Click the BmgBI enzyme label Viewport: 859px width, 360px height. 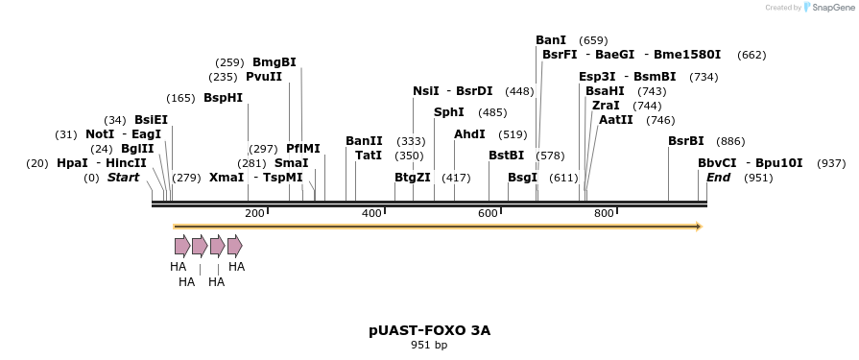click(274, 62)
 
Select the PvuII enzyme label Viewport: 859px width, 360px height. click(264, 77)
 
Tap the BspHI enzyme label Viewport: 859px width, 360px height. click(223, 98)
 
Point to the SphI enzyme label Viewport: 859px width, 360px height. click(449, 112)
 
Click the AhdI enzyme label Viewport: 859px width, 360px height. click(469, 134)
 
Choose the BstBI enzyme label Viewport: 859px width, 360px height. click(506, 155)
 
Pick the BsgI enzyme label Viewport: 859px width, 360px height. click(523, 178)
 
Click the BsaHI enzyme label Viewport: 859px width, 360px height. click(605, 91)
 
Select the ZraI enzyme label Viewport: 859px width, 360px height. click(606, 106)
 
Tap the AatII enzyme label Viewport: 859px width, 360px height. click(615, 120)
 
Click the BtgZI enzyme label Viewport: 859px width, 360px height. click(413, 178)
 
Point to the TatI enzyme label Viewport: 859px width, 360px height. click(369, 155)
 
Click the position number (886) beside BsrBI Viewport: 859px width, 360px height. click(730, 141)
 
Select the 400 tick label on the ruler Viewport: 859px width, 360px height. click(372, 213)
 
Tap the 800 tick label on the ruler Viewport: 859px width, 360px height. click(604, 213)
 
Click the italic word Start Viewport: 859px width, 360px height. click(123, 178)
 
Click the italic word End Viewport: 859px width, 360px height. click(718, 178)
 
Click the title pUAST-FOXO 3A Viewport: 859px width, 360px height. click(429, 330)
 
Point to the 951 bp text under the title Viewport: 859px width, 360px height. click(429, 345)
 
